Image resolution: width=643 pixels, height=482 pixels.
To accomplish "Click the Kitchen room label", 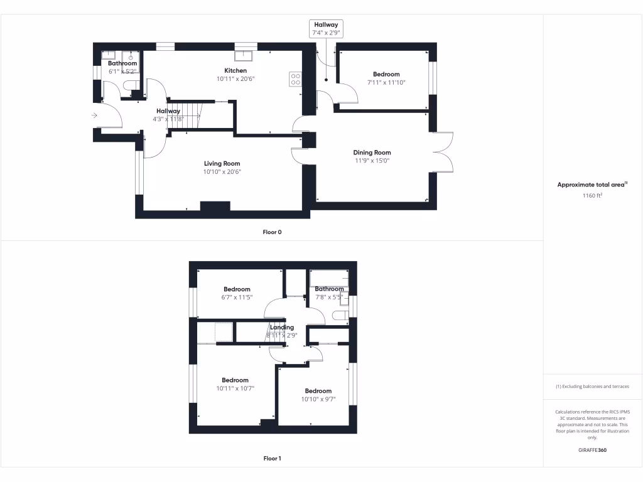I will [235, 70].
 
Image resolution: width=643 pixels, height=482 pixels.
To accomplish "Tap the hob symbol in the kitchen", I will [294, 78].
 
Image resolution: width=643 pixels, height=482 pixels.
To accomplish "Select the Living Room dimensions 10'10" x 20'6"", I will [222, 172].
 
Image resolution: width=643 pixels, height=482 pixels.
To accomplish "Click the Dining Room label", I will [372, 153].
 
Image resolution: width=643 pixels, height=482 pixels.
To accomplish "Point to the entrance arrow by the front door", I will [94, 115].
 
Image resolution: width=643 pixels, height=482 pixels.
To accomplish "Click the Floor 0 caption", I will [272, 232].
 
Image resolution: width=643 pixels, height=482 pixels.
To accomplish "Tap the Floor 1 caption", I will [272, 459].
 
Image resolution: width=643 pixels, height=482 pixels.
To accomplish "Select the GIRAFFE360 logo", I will [592, 450].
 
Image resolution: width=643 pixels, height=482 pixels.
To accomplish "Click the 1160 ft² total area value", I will [592, 196].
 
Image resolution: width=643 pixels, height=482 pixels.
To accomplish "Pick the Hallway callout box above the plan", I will [327, 28].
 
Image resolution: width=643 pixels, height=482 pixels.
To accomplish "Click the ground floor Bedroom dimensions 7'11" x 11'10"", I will [386, 82].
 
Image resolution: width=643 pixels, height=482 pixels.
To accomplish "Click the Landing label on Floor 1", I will [282, 327].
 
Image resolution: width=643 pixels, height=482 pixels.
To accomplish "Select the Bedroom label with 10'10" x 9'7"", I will [318, 391].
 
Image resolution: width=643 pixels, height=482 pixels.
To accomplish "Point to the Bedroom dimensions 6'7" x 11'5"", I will [237, 297].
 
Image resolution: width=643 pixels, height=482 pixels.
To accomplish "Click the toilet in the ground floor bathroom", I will [131, 85].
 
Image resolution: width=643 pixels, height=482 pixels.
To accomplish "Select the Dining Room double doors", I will [444, 151].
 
